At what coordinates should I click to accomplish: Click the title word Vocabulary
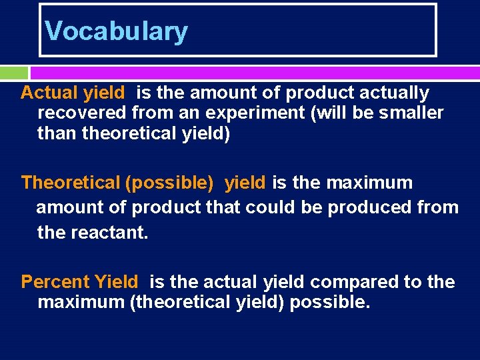click(x=116, y=31)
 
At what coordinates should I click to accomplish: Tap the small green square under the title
click(x=14, y=72)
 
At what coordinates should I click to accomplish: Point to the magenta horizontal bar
click(x=254, y=72)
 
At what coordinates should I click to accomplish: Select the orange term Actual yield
click(x=73, y=93)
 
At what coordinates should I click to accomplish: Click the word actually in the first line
click(x=395, y=93)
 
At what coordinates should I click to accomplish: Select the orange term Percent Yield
click(x=79, y=282)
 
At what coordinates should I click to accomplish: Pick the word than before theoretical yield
click(x=57, y=134)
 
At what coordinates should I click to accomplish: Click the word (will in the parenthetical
click(x=328, y=113)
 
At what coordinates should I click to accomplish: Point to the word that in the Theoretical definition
click(x=224, y=207)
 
